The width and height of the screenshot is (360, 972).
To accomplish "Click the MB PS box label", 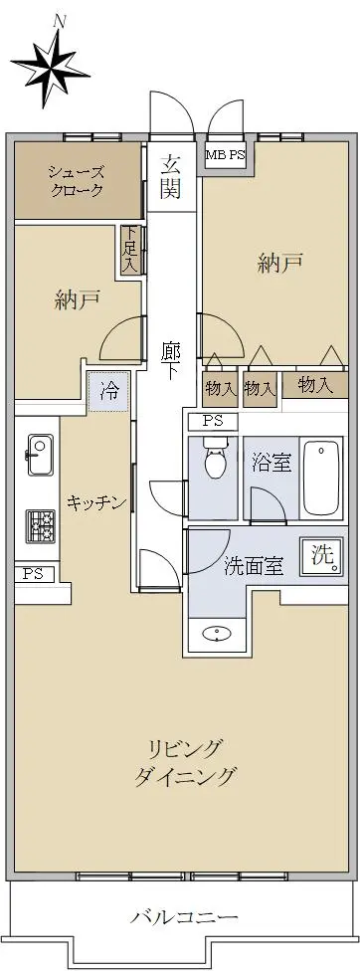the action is [226, 156].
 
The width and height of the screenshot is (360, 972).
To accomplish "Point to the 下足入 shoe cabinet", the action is [130, 249].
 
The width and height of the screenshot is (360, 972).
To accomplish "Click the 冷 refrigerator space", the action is [109, 391].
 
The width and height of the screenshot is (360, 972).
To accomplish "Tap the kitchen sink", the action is [39, 456].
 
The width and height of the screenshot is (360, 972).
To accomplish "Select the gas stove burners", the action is [39, 525].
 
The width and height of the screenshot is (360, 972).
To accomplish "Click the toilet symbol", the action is [214, 458].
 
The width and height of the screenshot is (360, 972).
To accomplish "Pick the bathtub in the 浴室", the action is [321, 479].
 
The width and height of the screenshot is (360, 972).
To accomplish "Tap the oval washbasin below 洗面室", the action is [217, 634].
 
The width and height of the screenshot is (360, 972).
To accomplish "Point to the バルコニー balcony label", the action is [184, 917].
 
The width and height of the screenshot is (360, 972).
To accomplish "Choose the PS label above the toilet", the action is [213, 422].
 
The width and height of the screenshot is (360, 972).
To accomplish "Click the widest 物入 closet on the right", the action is [315, 385].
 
